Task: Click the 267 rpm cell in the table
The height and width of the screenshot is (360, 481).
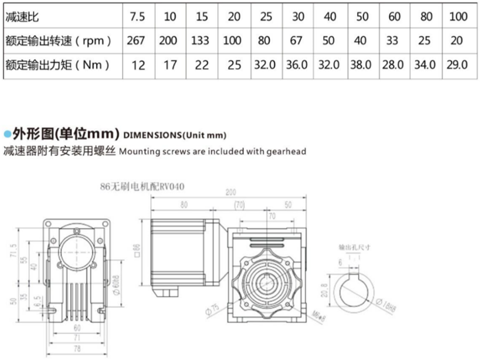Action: [x=136, y=41]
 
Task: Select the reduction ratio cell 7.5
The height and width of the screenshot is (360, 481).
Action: [x=136, y=14]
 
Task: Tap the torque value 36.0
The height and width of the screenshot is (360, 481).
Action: [x=297, y=66]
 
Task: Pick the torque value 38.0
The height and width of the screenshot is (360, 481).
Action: [x=361, y=66]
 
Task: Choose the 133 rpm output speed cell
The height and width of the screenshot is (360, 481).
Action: [x=200, y=41]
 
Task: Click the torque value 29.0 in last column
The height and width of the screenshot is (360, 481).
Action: [x=457, y=66]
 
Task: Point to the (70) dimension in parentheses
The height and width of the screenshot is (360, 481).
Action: [x=239, y=204]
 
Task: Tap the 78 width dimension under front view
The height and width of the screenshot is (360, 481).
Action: [x=77, y=350]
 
